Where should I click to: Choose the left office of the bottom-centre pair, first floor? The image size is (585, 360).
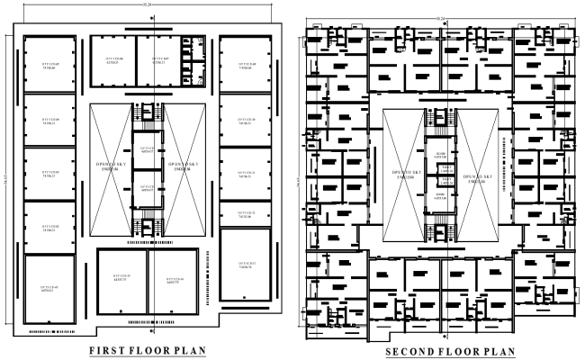121,280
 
